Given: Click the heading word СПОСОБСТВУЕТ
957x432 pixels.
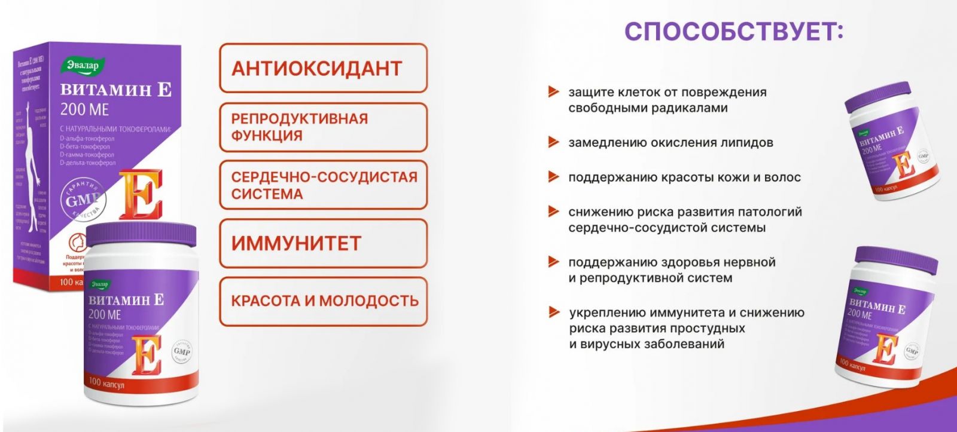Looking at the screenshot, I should point(733,32).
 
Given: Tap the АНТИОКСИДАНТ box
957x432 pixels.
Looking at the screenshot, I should point(323,68).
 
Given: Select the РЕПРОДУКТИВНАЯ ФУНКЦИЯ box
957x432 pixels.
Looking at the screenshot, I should point(323,127).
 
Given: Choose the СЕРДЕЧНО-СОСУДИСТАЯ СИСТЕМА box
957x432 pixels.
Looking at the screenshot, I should point(323,185).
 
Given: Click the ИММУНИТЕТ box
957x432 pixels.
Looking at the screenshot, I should point(323,243).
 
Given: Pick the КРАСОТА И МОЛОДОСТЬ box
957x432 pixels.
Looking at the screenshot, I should point(323,301).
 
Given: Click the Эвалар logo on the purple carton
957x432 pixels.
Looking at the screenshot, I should point(83,66).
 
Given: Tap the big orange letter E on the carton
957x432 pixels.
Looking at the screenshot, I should point(140,194).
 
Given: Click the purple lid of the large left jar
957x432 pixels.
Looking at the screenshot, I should point(141,235).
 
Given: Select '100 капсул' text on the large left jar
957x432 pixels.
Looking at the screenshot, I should point(106,382).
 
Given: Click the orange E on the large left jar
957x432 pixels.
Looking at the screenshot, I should point(146,355).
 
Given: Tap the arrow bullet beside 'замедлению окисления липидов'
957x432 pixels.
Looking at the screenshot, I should point(553,142).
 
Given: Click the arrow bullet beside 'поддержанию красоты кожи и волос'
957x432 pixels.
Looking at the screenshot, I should point(553,177).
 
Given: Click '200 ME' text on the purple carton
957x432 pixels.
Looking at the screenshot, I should point(84,110).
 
